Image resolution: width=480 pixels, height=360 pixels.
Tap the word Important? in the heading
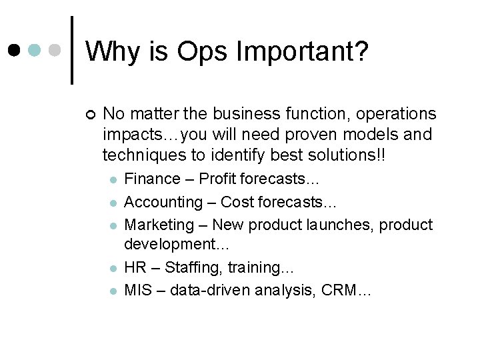300,51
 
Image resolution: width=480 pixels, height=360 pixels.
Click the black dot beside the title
14,50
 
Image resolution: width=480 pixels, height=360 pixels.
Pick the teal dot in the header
35,50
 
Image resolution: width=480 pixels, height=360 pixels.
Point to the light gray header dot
55,50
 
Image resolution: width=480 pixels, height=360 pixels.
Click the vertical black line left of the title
72,50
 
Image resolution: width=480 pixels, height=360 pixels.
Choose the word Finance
153,179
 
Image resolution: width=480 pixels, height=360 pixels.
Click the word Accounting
163,201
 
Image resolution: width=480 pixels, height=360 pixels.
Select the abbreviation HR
135,267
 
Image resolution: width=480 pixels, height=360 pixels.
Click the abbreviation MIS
137,290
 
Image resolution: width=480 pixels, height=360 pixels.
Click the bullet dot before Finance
114,179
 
